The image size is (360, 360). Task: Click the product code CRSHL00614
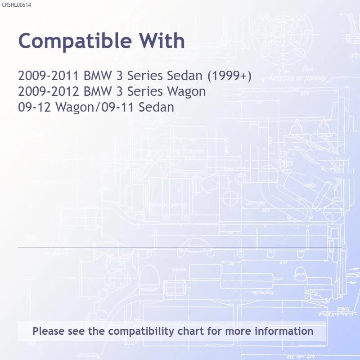[16, 5]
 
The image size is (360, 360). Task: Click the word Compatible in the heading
[75, 41]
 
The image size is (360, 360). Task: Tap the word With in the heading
[162, 40]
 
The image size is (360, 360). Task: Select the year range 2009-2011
[49, 76]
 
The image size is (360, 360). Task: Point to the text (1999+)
[229, 76]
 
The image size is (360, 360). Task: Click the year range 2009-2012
[49, 91]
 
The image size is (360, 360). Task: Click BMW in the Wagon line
[98, 91]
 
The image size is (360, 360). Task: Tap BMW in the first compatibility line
[98, 76]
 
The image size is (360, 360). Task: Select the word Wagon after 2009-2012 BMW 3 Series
[186, 91]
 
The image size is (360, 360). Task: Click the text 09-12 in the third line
[35, 107]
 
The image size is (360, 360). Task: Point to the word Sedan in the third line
[156, 107]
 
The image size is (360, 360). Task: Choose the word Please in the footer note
[49, 331]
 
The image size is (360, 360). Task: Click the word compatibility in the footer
[141, 332]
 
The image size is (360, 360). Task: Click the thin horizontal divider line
[180, 248]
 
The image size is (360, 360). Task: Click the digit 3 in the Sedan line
[119, 76]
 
